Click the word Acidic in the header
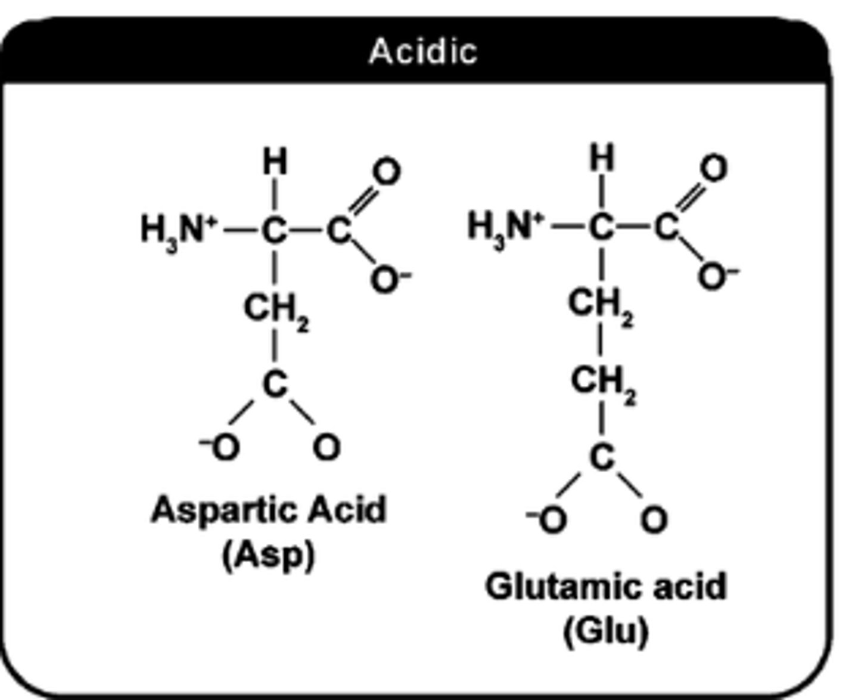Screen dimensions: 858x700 point(423,51)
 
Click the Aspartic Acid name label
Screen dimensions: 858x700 point(269,510)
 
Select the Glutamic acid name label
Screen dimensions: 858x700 point(606,587)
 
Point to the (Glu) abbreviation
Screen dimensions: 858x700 point(605,631)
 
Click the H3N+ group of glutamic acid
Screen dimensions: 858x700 point(506,227)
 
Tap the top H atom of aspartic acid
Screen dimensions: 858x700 point(275,162)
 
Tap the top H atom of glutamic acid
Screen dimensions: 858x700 point(602,158)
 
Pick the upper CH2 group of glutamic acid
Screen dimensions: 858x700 point(601,304)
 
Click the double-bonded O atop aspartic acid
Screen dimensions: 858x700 point(386,172)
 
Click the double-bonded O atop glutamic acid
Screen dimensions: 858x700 point(713,168)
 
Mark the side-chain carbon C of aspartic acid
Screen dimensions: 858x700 point(275,385)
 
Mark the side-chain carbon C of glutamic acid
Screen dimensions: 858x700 point(602,458)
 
